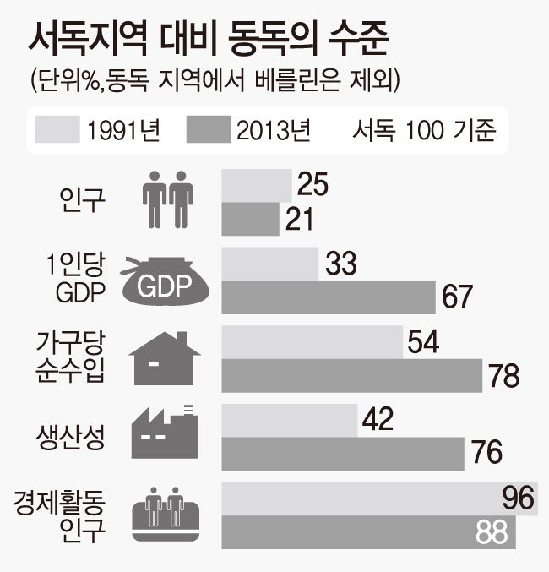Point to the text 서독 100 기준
tap(423, 130)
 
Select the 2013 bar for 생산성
tap(342, 454)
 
